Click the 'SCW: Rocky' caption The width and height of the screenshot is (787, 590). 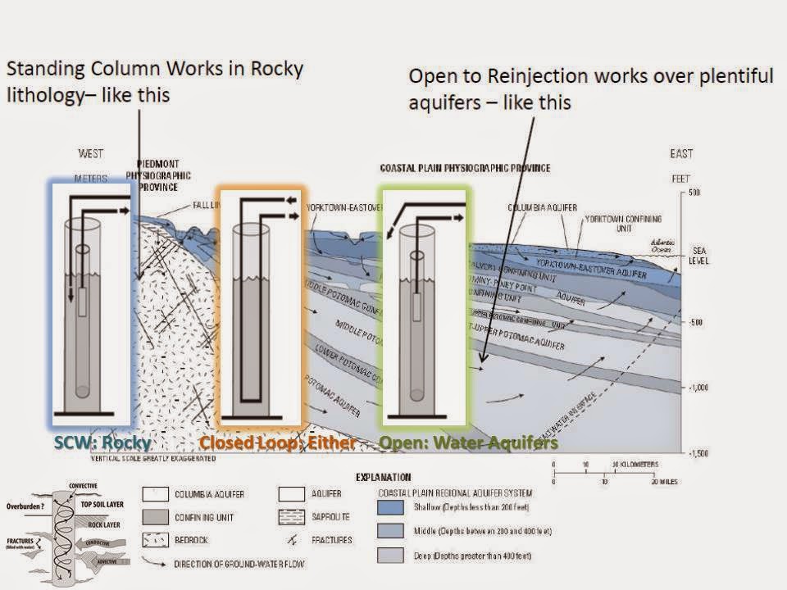[102, 442]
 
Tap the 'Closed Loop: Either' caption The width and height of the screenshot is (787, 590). [278, 442]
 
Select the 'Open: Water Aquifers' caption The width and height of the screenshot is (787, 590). [468, 442]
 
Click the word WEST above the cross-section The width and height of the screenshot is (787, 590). [92, 153]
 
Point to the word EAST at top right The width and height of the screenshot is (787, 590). [680, 153]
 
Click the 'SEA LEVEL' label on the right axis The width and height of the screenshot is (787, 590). [699, 255]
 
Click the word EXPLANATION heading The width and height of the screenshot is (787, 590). [383, 476]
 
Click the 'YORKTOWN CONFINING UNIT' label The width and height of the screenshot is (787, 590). [624, 224]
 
